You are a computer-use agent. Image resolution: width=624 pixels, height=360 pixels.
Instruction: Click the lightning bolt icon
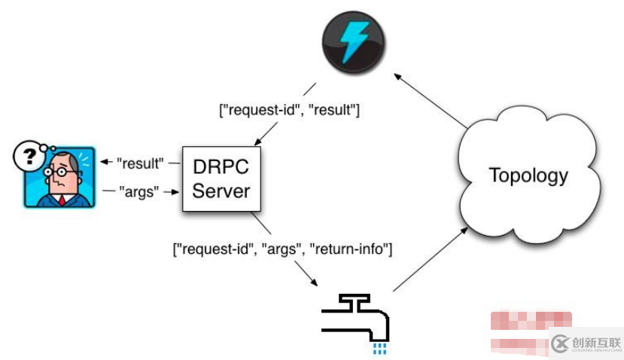(x=352, y=42)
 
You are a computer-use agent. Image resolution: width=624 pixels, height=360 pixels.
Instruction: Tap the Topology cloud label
(x=528, y=175)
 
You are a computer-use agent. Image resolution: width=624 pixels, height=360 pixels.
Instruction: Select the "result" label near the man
(x=140, y=163)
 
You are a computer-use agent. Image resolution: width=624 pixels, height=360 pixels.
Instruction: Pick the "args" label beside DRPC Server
(x=142, y=191)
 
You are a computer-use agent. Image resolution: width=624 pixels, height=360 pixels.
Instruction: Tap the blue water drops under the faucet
(x=380, y=347)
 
